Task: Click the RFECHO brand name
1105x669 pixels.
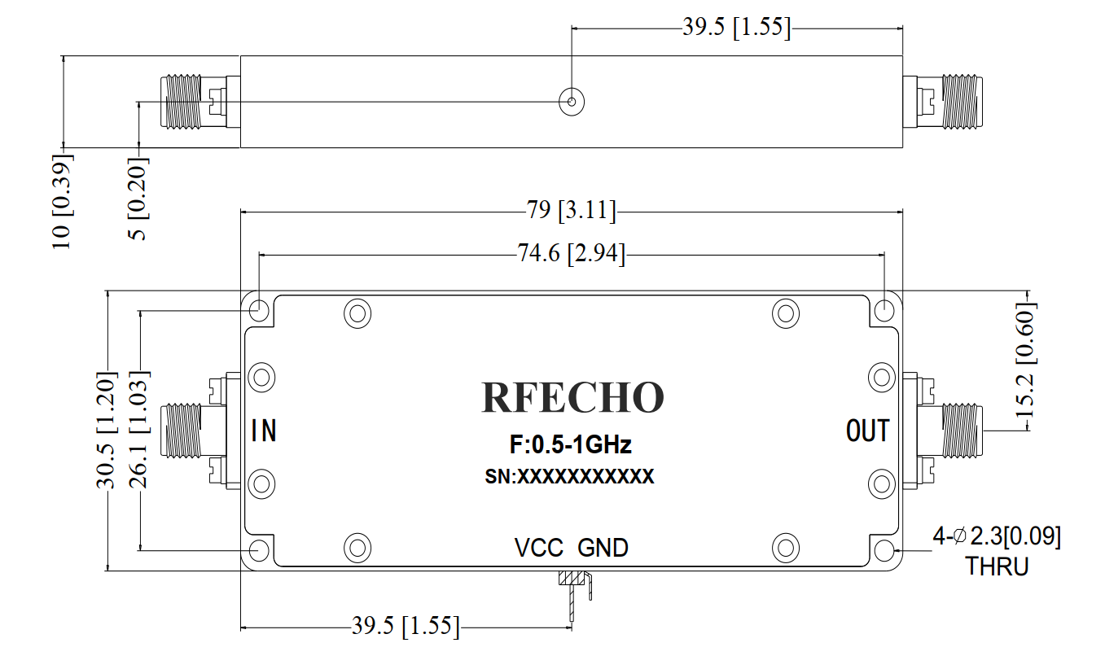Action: pyautogui.click(x=572, y=397)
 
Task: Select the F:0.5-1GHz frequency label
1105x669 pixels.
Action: pyautogui.click(x=570, y=445)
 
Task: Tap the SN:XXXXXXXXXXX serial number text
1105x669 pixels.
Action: pyautogui.click(x=569, y=477)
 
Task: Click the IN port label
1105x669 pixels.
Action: pyautogui.click(x=264, y=431)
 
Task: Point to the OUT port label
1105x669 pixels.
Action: pyautogui.click(x=868, y=431)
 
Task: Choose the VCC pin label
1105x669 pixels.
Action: pyautogui.click(x=538, y=548)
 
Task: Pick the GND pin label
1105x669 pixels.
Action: pyautogui.click(x=603, y=548)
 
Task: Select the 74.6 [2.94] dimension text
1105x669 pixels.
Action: pyautogui.click(x=572, y=255)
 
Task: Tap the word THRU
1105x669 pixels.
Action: pyautogui.click(x=997, y=566)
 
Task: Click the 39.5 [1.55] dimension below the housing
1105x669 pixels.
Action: pyautogui.click(x=406, y=627)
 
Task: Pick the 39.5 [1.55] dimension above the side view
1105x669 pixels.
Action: pyautogui.click(x=736, y=28)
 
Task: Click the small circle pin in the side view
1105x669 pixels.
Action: pyautogui.click(x=572, y=102)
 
